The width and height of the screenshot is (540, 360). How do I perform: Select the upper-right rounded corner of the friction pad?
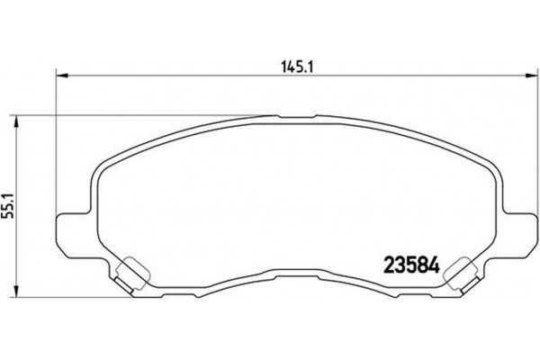point(490,167)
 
